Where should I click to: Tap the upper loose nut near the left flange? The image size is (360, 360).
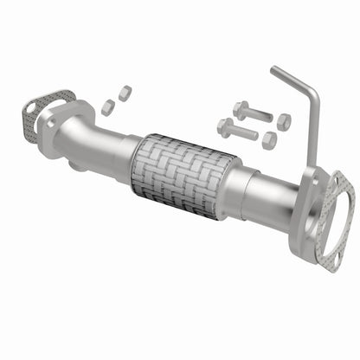coord(124,91)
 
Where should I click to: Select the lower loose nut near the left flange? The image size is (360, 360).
coord(108,106)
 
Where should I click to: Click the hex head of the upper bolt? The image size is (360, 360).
coord(238,109)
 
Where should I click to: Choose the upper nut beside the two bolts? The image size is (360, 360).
coord(283,122)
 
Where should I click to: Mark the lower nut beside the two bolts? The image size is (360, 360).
coord(269,139)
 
